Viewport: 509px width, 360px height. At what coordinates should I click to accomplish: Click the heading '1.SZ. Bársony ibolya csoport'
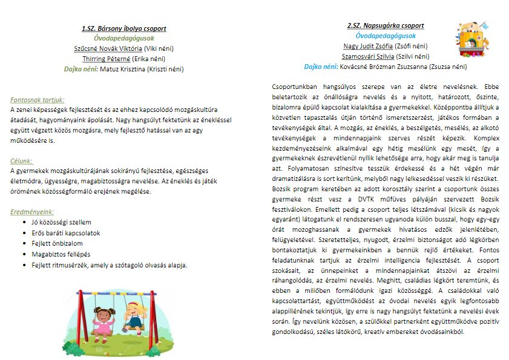point(124,28)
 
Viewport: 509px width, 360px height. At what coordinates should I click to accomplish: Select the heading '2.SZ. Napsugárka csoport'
point(385,26)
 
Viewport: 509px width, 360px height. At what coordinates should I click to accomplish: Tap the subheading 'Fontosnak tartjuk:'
point(38,100)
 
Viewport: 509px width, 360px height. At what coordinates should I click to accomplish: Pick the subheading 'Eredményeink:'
point(32,212)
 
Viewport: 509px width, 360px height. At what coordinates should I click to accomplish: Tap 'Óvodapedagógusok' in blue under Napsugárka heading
point(385,36)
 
